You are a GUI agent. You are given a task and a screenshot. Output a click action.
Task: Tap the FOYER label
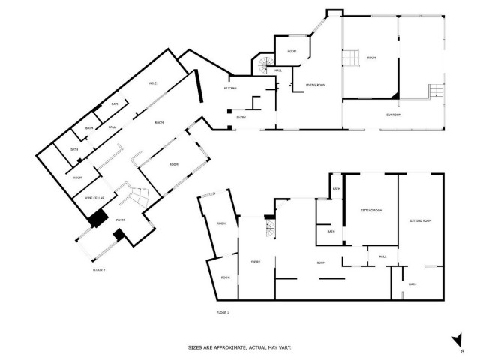coord(121,220)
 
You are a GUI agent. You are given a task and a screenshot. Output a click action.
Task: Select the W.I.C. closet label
coord(151,83)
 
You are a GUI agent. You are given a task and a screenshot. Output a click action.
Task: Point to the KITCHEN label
coord(231,88)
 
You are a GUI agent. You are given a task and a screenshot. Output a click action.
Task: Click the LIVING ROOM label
coord(316,85)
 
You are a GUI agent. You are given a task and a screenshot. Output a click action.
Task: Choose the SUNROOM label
coord(394,115)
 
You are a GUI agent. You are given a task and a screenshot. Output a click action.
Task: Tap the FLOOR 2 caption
coord(99,268)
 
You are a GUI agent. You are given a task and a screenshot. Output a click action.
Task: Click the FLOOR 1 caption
coord(223,311)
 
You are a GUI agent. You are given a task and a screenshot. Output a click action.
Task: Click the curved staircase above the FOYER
coord(136,196)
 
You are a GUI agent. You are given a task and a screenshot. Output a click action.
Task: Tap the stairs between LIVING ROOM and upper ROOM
coord(349,55)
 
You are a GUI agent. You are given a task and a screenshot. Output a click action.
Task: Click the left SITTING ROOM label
coord(371,211)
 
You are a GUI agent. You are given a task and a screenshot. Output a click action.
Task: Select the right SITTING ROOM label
coord(421,221)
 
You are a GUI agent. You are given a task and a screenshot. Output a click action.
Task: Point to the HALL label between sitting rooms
coord(382,256)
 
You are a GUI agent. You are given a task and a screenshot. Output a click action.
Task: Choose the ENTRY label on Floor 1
coord(255,261)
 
